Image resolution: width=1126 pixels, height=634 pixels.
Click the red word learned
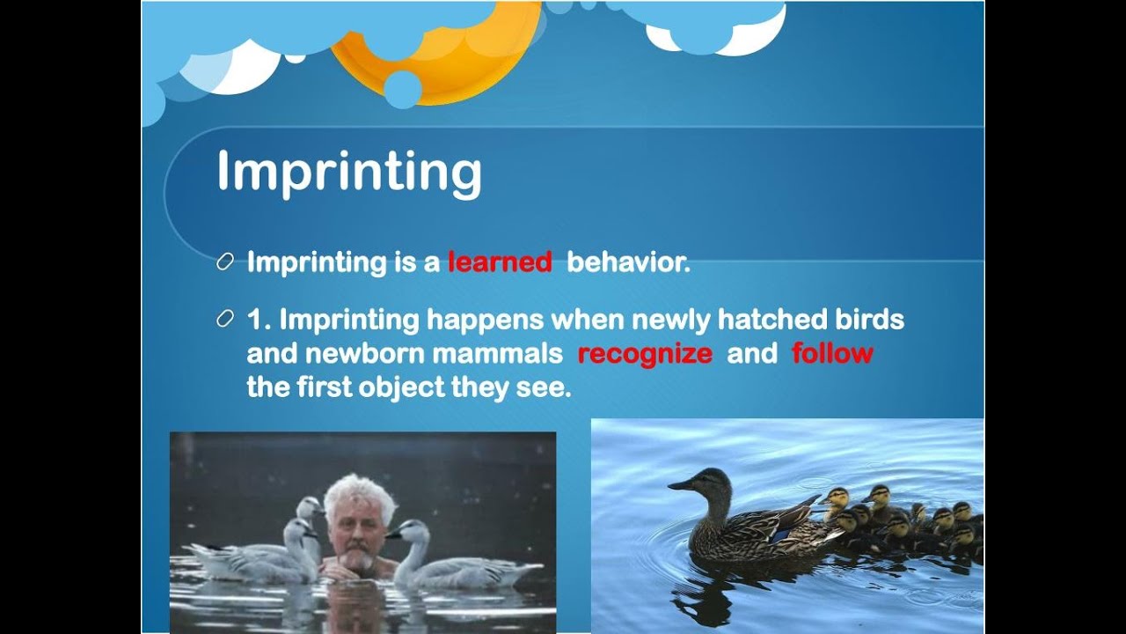tap(499, 262)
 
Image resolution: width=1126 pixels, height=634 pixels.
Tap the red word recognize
tap(645, 354)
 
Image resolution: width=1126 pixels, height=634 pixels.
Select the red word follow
tap(831, 354)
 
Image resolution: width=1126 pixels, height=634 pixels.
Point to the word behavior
tap(628, 262)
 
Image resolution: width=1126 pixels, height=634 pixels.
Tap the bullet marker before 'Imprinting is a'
tap(225, 262)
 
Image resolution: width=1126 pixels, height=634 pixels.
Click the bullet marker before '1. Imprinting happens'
tap(225, 319)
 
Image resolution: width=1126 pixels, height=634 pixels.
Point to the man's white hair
tap(359, 493)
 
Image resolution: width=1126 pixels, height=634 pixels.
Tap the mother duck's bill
tap(680, 484)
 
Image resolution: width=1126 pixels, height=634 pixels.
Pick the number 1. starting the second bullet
tap(259, 319)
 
